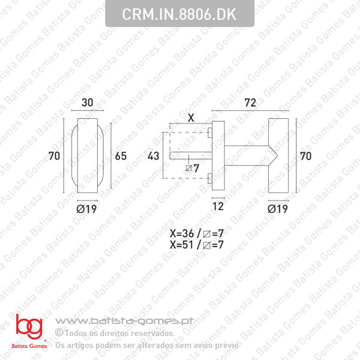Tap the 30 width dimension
[x=88, y=103]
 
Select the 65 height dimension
[x=120, y=157]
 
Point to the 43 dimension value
[x=153, y=156]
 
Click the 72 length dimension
[x=250, y=103]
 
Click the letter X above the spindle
[x=191, y=118]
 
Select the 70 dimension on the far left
[x=55, y=157]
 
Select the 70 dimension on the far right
[x=305, y=157]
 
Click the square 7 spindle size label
[x=192, y=167]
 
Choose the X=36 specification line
[x=197, y=234]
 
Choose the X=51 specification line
[x=197, y=245]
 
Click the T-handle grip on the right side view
[x=278, y=157]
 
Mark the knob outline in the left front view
[x=88, y=157]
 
